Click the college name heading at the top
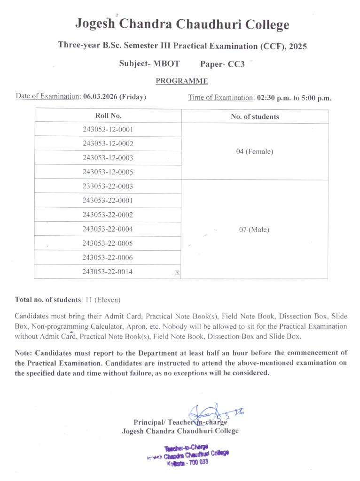coord(182,24)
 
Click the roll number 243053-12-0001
coord(108,129)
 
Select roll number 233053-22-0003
coord(108,186)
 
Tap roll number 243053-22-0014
coord(108,272)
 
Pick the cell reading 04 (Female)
coord(254,151)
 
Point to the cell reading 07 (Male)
coord(254,230)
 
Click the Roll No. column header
coord(108,116)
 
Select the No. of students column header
coord(255,116)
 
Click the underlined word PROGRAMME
coord(181,81)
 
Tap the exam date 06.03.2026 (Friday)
coord(115,97)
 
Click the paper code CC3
coord(236,64)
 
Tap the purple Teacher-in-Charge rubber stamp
coord(188,455)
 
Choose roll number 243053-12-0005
coord(108,172)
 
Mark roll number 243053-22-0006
coord(108,258)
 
